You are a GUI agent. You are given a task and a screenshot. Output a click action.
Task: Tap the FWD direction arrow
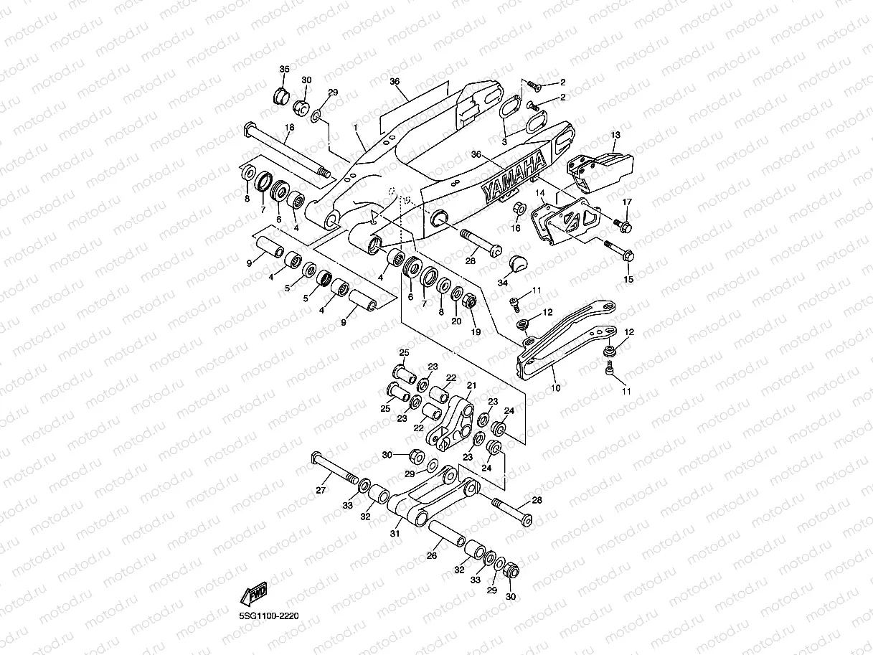point(254,594)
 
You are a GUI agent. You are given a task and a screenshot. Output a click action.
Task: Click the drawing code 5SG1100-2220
point(269,616)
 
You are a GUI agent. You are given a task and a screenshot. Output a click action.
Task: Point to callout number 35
point(284,69)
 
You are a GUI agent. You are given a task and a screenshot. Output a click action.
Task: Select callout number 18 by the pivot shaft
point(290,127)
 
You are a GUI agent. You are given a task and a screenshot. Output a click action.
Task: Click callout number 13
point(615,135)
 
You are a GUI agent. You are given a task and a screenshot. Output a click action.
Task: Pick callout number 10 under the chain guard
point(556,387)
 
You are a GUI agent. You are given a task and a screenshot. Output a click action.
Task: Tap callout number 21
point(472,385)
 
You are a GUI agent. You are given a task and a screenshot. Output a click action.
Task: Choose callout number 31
point(395,533)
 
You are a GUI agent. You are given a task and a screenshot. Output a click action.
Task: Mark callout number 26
point(432,555)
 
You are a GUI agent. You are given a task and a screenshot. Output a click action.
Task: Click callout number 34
point(503,283)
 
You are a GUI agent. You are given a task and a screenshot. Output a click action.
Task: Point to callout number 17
point(627,202)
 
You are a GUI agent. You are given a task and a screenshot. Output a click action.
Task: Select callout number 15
point(628,279)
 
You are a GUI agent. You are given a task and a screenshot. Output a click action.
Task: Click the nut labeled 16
point(520,209)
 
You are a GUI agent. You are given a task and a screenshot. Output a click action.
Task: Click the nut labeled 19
point(470,301)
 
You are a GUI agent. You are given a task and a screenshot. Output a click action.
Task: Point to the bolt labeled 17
point(623,225)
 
